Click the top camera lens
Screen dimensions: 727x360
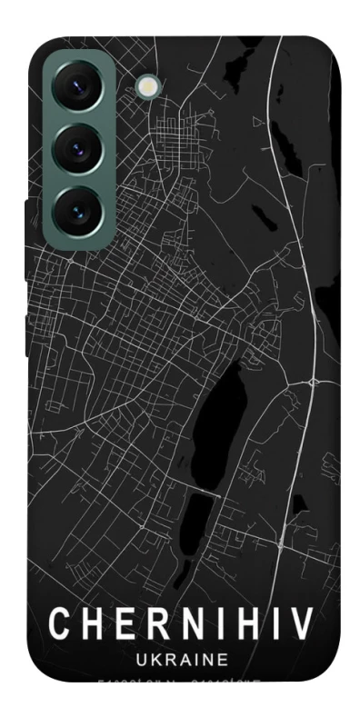76,88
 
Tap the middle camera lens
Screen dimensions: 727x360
76,148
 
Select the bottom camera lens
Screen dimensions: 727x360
76,207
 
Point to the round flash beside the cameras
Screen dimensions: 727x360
146,86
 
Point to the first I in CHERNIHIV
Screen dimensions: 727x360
212,625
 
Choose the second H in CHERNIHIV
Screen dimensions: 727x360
239,625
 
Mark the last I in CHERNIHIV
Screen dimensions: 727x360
267,625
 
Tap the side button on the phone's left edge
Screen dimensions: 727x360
26,241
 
